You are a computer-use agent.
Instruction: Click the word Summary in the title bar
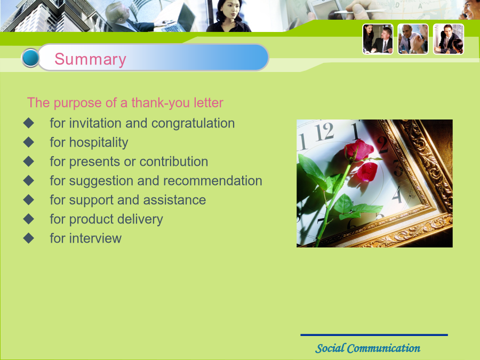[x=90, y=59]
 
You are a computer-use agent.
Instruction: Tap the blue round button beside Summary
[x=30, y=58]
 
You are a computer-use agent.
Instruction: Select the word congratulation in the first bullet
[x=193, y=124]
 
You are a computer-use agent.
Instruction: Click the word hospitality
[x=99, y=142]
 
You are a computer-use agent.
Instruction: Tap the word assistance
[x=174, y=200]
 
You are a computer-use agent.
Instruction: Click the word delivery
[x=140, y=220]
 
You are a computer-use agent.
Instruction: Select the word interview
[x=95, y=238]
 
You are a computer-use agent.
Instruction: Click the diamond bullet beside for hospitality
[x=29, y=142]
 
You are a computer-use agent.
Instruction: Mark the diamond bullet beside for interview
[x=29, y=238]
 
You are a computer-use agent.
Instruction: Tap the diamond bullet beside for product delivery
[x=29, y=219]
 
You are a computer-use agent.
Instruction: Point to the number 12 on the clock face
[x=324, y=132]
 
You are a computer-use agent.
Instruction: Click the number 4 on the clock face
[x=397, y=195]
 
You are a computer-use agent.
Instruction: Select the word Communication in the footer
[x=383, y=348]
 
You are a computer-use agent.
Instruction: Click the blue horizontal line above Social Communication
[x=374, y=335]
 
